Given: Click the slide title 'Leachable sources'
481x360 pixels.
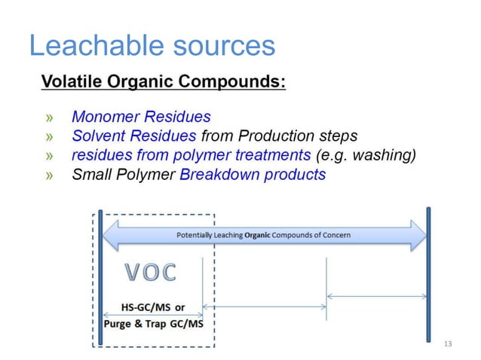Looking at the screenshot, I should click(151, 47).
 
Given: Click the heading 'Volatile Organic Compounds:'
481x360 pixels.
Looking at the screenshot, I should click(163, 81).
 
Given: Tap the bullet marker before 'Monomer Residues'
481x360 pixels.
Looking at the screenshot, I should click(50, 117).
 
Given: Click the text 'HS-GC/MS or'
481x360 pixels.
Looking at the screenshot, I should click(153, 307).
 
